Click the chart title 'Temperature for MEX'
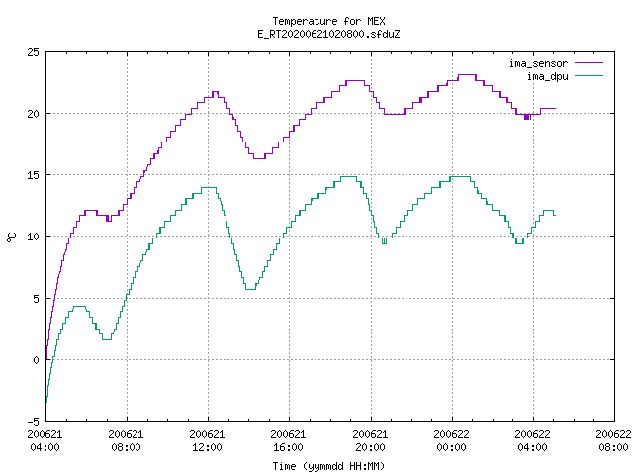click(328, 21)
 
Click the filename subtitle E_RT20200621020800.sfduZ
click(328, 34)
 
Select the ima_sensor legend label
click(538, 63)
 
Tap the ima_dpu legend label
click(548, 76)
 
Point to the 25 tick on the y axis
click(33, 52)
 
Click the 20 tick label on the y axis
click(33, 114)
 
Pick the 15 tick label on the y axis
click(33, 175)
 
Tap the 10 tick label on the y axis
click(33, 237)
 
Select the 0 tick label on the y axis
click(36, 360)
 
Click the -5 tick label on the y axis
click(33, 422)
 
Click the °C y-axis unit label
click(11, 237)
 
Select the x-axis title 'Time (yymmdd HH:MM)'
click(328, 466)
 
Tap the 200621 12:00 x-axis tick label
click(207, 441)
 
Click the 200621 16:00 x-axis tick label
click(288, 441)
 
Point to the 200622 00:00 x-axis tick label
click(451, 441)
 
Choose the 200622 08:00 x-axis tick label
click(613, 441)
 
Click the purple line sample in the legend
click(589, 63)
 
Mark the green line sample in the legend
click(589, 76)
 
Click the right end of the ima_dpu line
click(556, 216)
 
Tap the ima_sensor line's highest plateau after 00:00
click(467, 75)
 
